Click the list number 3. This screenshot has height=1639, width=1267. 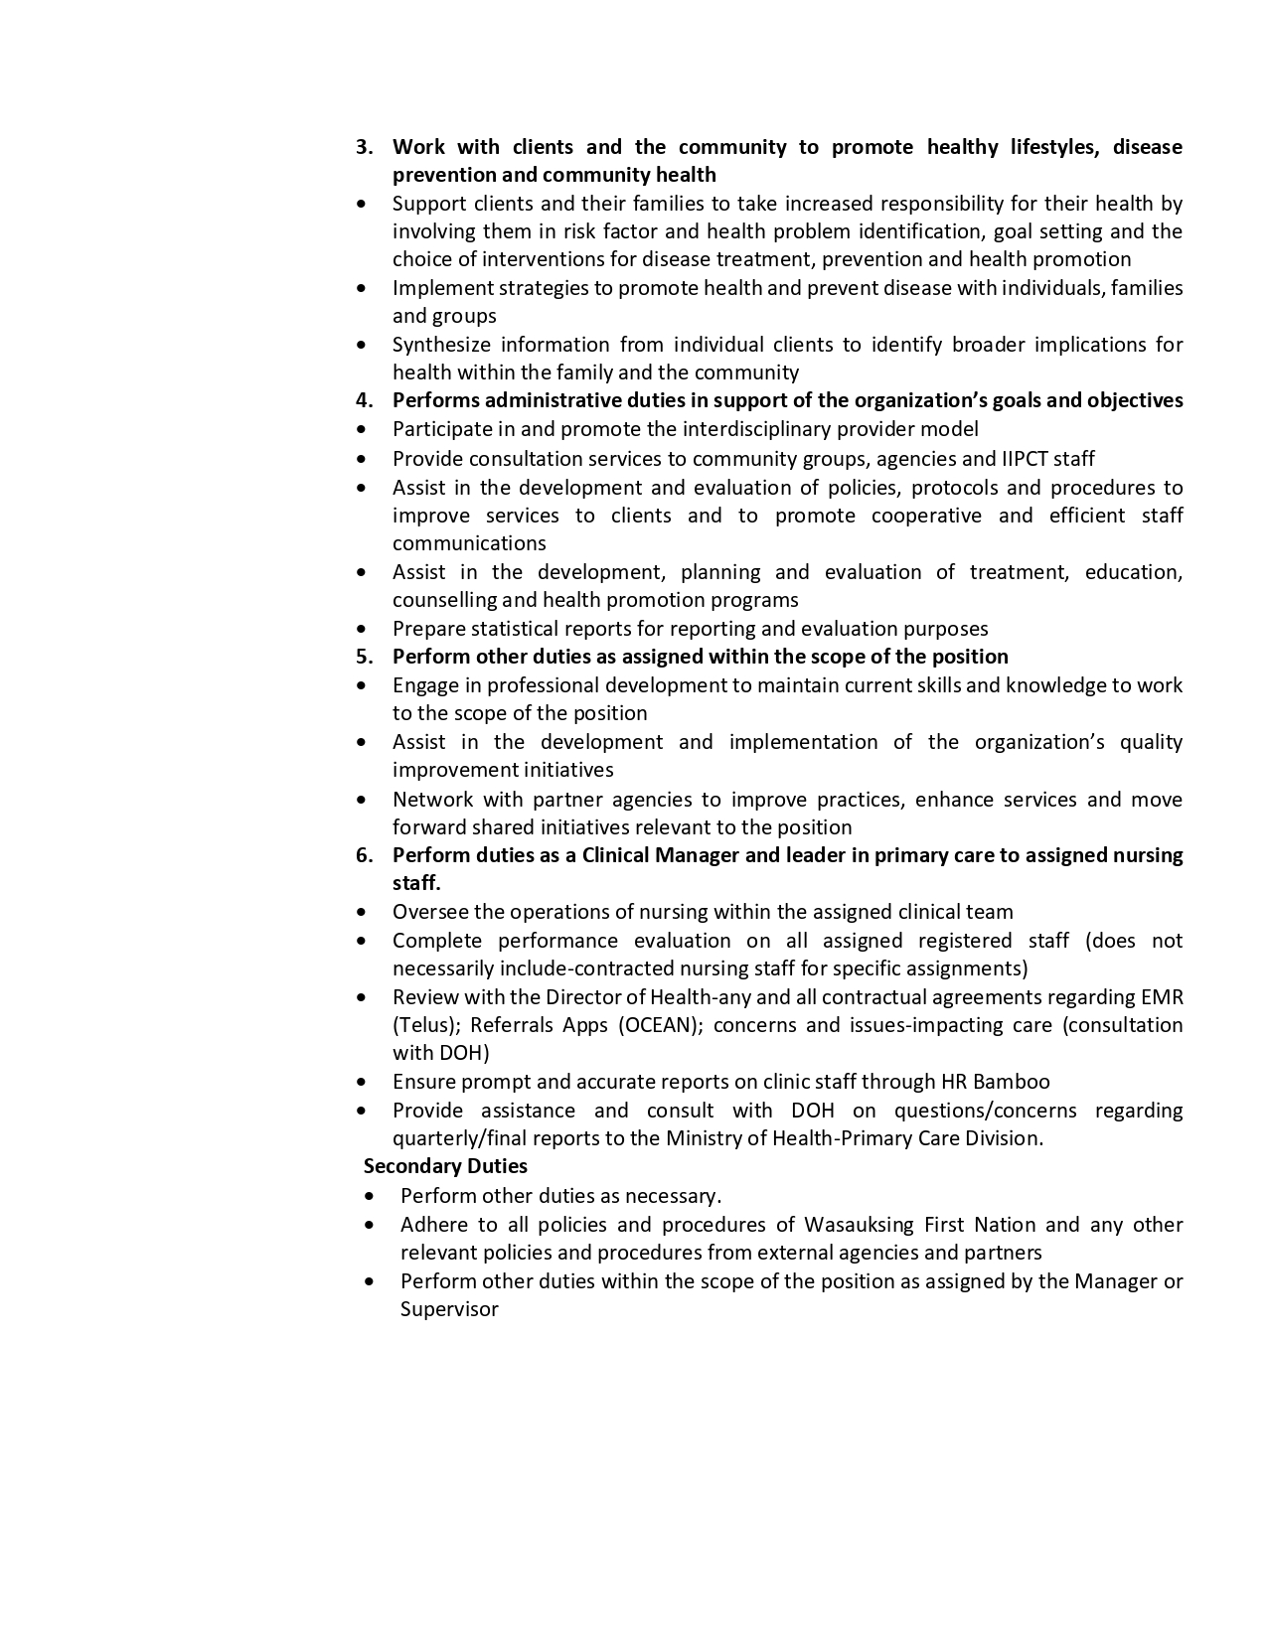[x=364, y=147]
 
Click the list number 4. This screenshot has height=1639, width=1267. [x=364, y=400]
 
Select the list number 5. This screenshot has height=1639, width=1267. [x=364, y=657]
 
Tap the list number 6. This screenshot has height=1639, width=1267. [x=364, y=855]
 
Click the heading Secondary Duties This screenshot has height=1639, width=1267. [x=445, y=1166]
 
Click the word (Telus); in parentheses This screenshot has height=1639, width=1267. [x=426, y=1025]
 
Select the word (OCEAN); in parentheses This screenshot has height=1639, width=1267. [x=659, y=1025]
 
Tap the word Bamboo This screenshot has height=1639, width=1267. [x=1012, y=1082]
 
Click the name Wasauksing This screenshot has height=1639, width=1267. [x=860, y=1225]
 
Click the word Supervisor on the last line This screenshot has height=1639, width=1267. [x=449, y=1309]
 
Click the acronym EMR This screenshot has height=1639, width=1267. [x=1163, y=997]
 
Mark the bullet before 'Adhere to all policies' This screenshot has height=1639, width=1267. [x=370, y=1225]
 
